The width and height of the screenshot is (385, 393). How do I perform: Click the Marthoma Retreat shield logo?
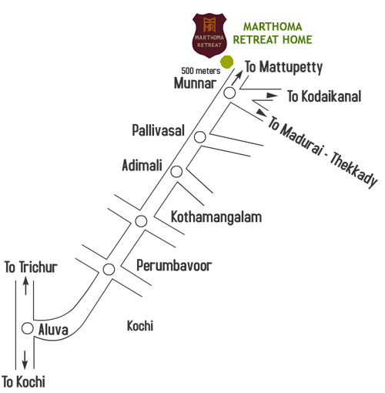coord(209,35)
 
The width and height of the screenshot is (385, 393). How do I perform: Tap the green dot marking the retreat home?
coord(227,62)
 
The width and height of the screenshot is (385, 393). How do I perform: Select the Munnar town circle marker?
coord(229,92)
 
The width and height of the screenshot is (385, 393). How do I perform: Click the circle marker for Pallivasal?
coord(200,137)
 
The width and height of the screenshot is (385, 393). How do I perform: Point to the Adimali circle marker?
coord(176,172)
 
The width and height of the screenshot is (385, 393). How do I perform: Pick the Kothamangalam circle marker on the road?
coord(141,221)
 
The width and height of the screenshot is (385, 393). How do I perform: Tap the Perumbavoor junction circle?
coord(109,270)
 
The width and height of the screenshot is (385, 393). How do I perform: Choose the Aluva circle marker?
coord(28,328)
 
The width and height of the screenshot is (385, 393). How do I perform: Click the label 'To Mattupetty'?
coord(283,67)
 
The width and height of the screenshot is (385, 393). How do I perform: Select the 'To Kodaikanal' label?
coord(324,96)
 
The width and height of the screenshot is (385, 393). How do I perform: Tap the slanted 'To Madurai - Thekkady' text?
coord(322,152)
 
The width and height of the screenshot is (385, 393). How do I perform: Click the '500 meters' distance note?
coord(201,71)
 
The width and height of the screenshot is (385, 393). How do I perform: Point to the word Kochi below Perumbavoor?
coord(140,326)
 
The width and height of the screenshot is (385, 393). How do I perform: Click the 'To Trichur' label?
coord(31,267)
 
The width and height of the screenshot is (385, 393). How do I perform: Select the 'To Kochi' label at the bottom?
coord(24,381)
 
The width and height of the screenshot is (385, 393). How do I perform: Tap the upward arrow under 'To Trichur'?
coord(25,285)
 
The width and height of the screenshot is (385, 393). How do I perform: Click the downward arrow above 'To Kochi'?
coord(25,360)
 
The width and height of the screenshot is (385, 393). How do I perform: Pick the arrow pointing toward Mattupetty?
coord(237,78)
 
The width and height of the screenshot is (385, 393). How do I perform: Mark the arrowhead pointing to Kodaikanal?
coord(272,96)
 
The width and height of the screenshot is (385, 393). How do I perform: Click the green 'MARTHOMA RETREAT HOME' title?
coord(273,33)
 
